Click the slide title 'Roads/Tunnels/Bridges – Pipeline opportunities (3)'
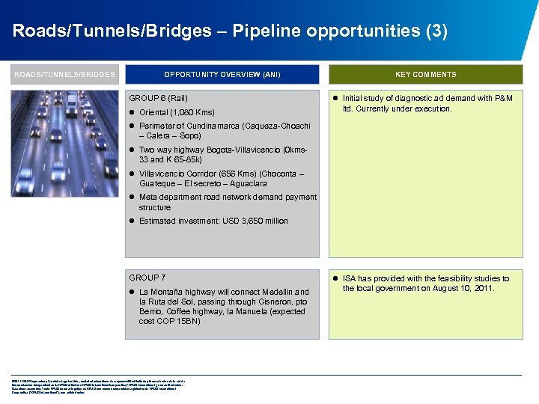(x=230, y=31)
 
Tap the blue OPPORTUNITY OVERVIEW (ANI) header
(x=222, y=74)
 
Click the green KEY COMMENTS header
(x=425, y=74)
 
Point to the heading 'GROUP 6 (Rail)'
(x=159, y=98)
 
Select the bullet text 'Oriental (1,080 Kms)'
(x=177, y=112)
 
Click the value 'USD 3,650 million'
(x=253, y=221)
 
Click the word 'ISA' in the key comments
(x=350, y=278)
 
